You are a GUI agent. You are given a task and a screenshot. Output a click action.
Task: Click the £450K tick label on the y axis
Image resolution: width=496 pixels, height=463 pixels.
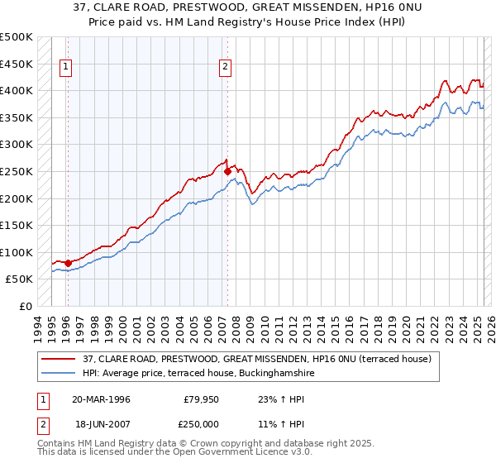[x=17, y=64]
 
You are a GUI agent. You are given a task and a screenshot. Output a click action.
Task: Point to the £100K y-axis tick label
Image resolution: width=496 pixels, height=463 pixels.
[x=17, y=252]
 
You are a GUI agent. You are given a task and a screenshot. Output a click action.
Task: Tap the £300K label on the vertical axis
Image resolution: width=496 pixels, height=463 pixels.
[x=17, y=145]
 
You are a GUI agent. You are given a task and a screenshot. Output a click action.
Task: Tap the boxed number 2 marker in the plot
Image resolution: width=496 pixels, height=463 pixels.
[x=225, y=69]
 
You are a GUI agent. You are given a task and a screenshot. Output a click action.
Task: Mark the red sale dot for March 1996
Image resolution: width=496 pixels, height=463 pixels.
[x=68, y=263]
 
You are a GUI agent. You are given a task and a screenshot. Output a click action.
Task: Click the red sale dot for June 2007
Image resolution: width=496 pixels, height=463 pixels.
[x=227, y=171]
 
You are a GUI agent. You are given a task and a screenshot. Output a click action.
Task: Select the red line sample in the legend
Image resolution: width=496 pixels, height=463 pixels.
[x=59, y=360]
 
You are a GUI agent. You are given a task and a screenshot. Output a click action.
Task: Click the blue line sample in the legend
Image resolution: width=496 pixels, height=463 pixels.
[x=59, y=374]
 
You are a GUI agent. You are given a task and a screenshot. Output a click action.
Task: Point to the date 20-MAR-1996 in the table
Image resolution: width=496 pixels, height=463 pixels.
[x=101, y=399]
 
